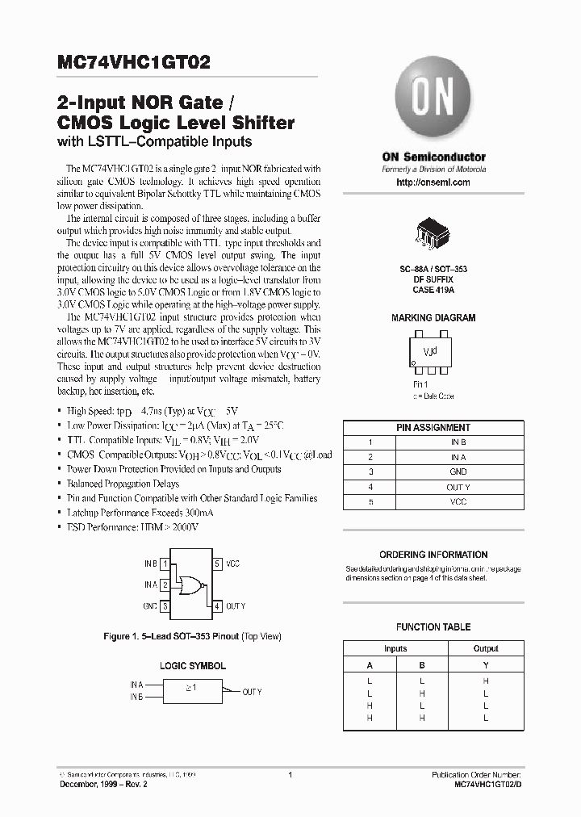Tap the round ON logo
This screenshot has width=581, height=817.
(x=433, y=99)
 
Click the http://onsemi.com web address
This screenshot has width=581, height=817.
(x=433, y=183)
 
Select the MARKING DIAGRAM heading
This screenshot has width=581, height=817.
(x=433, y=318)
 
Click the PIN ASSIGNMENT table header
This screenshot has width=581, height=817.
(x=433, y=427)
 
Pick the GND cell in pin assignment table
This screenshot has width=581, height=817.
(x=458, y=472)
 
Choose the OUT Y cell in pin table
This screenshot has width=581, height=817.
(x=458, y=487)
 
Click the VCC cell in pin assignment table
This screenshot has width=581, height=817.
(x=458, y=501)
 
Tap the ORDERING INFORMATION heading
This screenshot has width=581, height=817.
(x=433, y=555)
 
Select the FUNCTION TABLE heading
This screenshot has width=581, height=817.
(x=433, y=626)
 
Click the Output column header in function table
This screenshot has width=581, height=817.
(x=486, y=648)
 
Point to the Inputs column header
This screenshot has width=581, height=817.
(x=395, y=648)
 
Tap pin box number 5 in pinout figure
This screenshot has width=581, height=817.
(x=217, y=564)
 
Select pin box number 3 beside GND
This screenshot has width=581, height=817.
(x=165, y=606)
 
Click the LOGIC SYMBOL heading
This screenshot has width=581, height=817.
(x=192, y=666)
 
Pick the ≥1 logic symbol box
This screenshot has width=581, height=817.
(x=190, y=691)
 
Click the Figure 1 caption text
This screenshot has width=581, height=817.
(x=192, y=636)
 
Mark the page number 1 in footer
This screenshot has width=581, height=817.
(x=290, y=775)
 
